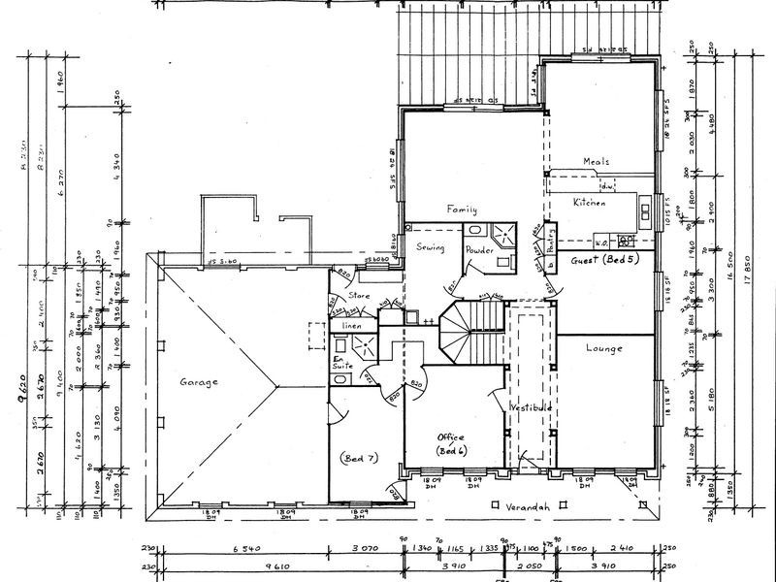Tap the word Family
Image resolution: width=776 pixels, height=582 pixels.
463,209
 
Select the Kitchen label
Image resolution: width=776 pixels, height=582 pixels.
589,203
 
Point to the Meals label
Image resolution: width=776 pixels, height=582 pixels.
596,162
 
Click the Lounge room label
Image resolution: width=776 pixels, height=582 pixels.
603,347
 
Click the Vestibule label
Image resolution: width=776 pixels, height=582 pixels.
531,409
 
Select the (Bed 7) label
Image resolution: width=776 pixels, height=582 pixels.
359,456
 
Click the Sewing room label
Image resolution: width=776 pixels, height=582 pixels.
431,248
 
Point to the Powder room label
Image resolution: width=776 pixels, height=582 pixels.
480,249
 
